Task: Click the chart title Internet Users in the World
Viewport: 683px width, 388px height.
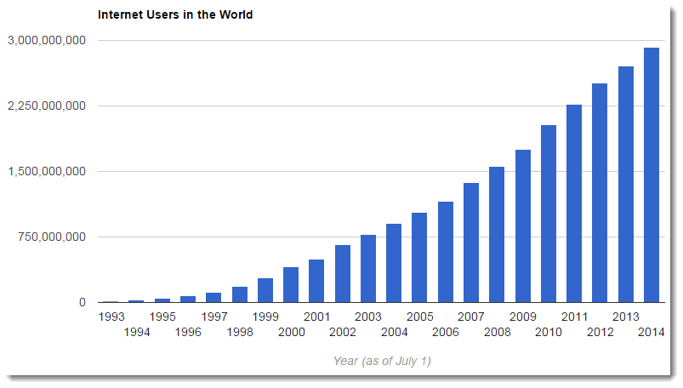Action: click(175, 14)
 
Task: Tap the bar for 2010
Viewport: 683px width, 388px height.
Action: click(549, 214)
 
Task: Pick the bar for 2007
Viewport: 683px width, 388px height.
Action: click(471, 242)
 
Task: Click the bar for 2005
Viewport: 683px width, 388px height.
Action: click(419, 257)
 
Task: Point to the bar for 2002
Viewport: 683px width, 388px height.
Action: click(342, 273)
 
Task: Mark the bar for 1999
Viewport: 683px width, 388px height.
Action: click(265, 290)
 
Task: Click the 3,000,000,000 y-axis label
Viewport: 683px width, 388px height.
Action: click(46, 40)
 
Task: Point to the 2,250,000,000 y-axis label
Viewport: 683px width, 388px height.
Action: click(46, 106)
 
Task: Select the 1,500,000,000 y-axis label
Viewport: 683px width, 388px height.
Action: click(46, 171)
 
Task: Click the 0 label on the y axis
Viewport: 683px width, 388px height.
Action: click(82, 302)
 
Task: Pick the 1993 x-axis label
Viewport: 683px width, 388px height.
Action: click(111, 317)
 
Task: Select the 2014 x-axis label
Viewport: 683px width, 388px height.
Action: click(651, 332)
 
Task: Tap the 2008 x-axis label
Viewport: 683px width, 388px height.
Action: click(497, 332)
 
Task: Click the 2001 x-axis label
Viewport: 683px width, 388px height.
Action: click(316, 317)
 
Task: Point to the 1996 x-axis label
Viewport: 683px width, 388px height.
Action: click(188, 332)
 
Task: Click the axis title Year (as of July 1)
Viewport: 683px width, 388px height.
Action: click(382, 361)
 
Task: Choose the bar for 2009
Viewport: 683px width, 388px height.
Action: click(523, 225)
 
